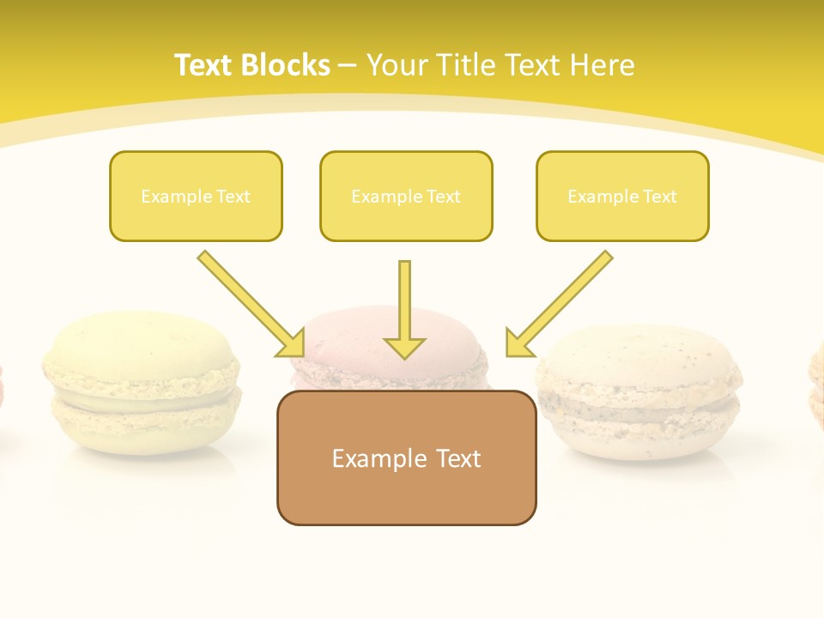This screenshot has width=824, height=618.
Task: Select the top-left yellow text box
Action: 196,196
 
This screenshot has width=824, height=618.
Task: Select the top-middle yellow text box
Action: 406,196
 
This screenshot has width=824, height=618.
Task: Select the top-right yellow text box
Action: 622,196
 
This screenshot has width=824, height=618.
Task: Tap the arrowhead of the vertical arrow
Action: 404,348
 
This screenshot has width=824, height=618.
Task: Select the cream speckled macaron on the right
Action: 639,391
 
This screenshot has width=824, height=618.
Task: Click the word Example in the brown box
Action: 368,458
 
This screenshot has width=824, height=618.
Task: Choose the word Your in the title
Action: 397,65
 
